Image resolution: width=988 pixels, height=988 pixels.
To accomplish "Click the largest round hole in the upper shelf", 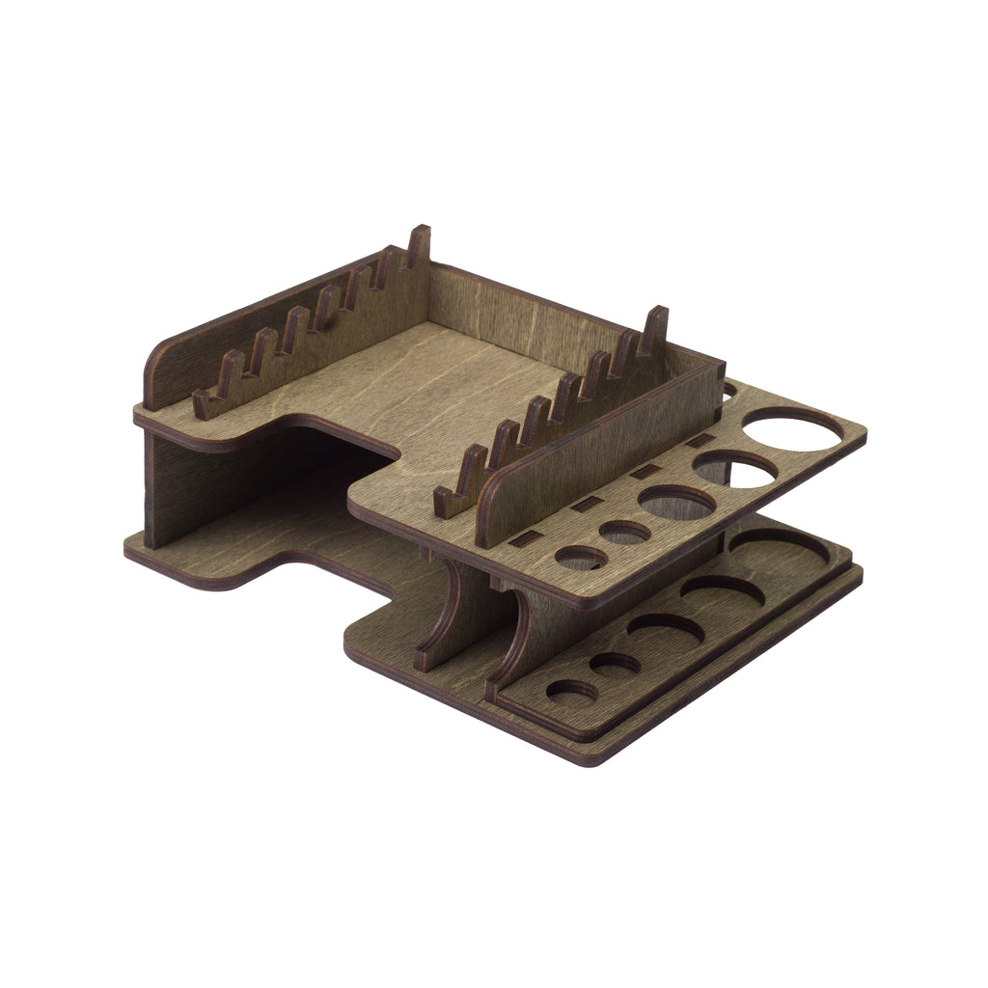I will pyautogui.click(x=791, y=428).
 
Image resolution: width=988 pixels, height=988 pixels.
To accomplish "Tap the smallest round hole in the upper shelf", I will pyautogui.click(x=581, y=558).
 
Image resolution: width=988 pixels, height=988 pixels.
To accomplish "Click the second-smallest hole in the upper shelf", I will pyautogui.click(x=625, y=532).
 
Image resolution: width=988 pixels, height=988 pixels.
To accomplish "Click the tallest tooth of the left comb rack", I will pyautogui.click(x=419, y=246).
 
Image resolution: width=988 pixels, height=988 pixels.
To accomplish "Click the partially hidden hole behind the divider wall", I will pyautogui.click(x=728, y=391).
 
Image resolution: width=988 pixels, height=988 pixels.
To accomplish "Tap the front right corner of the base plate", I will pyautogui.click(x=590, y=763).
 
